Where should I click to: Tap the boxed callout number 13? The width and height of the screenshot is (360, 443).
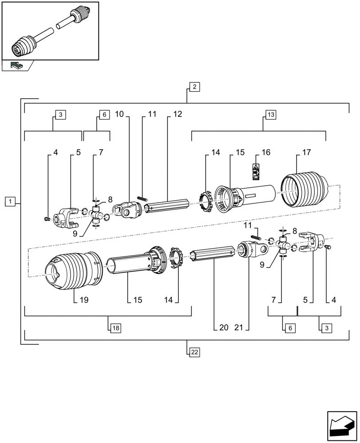(270, 115)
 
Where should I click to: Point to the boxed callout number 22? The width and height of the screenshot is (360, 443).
(194, 352)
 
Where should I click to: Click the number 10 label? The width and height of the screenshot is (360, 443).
(119, 114)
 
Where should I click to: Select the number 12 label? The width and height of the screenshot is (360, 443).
(177, 114)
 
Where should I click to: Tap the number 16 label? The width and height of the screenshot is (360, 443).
(266, 152)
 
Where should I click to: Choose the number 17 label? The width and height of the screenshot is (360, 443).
(306, 152)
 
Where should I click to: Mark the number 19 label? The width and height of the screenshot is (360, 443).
(84, 300)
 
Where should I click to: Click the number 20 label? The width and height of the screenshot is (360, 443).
(223, 328)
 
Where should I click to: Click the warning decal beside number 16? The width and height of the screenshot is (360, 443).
(256, 171)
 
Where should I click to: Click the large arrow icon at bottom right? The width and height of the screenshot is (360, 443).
(341, 426)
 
